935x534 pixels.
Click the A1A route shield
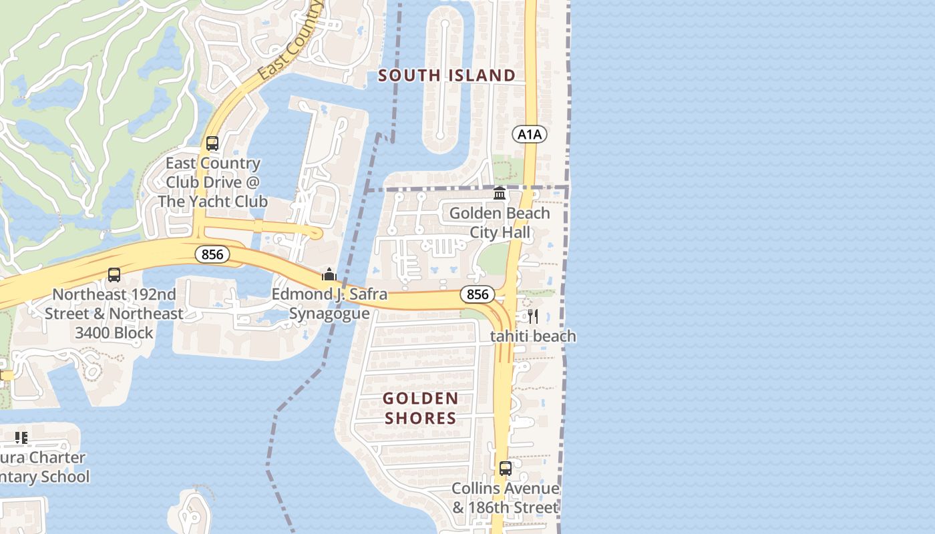530,135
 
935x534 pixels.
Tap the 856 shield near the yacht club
212,254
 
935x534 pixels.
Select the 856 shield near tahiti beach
478,294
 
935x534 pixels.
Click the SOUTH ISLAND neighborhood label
447,75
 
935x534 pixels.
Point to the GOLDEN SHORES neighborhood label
420,409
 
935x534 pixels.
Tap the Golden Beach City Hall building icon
500,194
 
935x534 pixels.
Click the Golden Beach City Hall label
500,223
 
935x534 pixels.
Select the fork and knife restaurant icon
532,316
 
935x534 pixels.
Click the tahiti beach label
533,336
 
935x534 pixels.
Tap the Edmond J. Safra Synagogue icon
329,274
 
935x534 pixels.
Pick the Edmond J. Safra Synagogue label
329,304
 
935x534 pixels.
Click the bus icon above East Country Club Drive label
212,144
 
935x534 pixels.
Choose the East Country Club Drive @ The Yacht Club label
213,182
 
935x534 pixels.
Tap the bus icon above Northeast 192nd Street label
114,275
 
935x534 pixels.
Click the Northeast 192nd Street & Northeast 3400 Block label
114,313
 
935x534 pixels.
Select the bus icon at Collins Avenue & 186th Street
506,469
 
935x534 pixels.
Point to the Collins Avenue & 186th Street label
506,498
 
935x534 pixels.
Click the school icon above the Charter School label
21,438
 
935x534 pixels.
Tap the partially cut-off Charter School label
44,467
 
